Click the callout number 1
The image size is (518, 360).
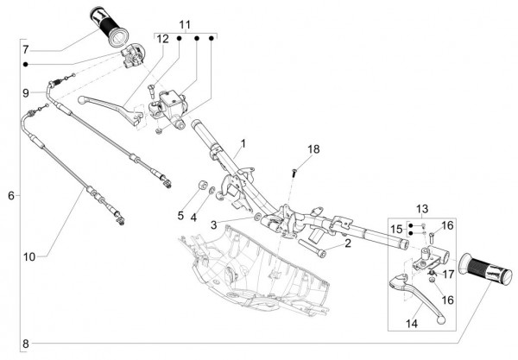(x=243, y=142)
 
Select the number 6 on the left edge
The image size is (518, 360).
(x=11, y=196)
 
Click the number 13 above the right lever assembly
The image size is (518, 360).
(x=423, y=209)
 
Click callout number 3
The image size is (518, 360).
(x=212, y=225)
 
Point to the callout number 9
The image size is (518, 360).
(x=27, y=92)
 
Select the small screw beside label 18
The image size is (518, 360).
(x=295, y=173)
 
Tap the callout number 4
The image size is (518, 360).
(x=193, y=215)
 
